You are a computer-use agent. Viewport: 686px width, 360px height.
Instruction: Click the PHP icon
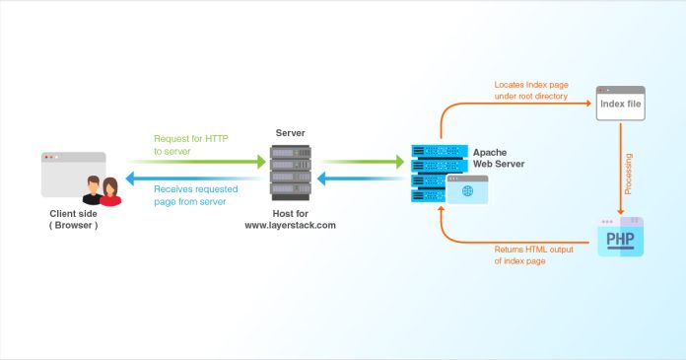click(620, 238)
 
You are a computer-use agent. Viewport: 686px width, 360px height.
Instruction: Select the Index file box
click(620, 104)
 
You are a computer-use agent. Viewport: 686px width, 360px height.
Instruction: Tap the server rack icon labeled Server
click(290, 170)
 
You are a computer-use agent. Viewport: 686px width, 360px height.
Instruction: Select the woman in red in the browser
click(108, 190)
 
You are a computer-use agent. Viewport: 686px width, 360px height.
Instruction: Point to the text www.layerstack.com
click(291, 226)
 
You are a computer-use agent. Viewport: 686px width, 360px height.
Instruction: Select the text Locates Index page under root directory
click(538, 91)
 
